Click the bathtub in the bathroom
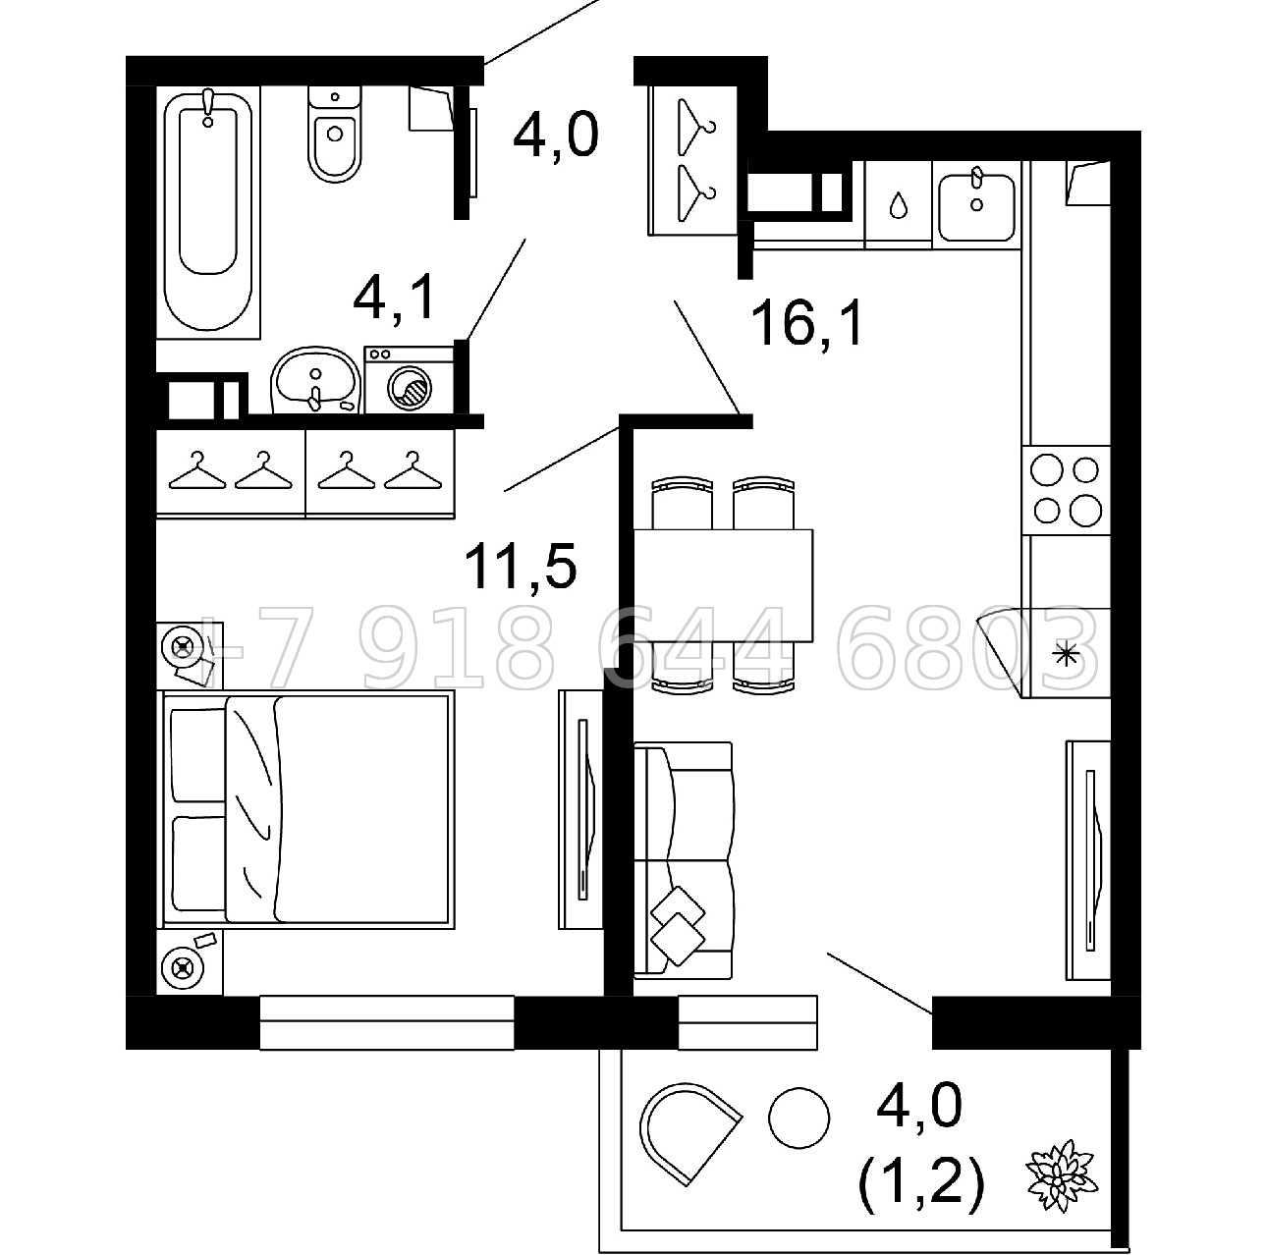click(x=208, y=212)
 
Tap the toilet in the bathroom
click(x=335, y=135)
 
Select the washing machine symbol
click(x=409, y=380)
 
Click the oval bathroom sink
click(x=315, y=380)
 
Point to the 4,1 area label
click(x=395, y=298)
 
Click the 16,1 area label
click(x=806, y=322)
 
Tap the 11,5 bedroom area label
click(x=521, y=566)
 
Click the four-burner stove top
click(x=1066, y=490)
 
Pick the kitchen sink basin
click(x=976, y=206)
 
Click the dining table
click(x=723, y=585)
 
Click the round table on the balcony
click(x=799, y=1118)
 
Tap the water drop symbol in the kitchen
click(x=898, y=205)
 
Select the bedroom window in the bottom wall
click(x=387, y=1022)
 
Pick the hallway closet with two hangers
click(x=692, y=160)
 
